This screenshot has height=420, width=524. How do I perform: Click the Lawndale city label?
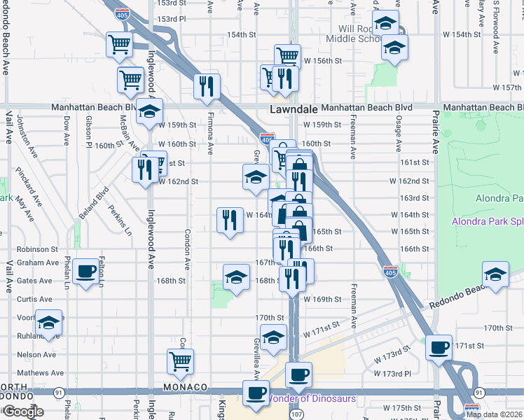click(294, 110)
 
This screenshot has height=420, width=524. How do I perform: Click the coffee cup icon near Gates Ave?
click(86, 272)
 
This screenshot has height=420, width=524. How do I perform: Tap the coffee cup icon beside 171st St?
click(440, 347)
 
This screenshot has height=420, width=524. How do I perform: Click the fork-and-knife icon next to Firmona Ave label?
click(207, 86)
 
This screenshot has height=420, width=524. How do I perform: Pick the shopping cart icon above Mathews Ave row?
click(181, 361)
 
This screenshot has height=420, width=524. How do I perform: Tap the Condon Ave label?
click(188, 250)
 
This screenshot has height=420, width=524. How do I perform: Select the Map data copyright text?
click(495, 414)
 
